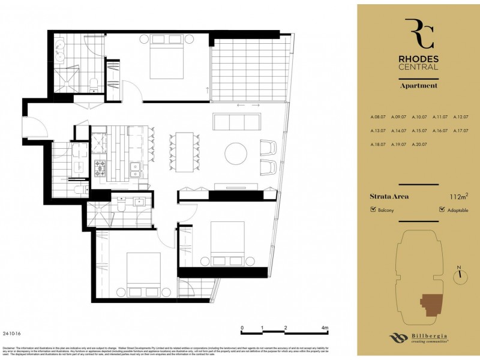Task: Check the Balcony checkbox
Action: tap(373, 210)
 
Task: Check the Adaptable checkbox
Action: tap(442, 210)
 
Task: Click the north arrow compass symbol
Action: tap(461, 274)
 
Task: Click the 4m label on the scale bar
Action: tap(325, 328)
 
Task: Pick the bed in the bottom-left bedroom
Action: tap(143, 274)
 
